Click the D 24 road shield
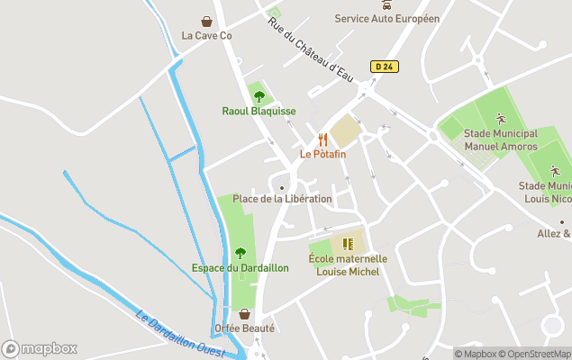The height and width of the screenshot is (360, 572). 384,66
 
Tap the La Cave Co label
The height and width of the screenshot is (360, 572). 206,36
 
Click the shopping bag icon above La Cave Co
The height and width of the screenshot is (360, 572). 206,21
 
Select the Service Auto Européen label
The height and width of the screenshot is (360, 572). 386,18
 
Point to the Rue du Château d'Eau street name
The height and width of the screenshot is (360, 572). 309,49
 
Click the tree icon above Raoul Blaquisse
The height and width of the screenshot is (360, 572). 259,96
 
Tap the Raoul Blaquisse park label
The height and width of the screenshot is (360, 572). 259,112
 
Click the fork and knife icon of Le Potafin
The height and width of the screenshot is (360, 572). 322,139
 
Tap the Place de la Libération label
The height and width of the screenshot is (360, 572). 282,199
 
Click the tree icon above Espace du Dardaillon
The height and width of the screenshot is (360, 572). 240,253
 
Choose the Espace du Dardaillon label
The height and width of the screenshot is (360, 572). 240,268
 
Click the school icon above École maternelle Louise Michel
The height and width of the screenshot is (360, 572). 348,244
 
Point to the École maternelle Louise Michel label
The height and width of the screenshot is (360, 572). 348,265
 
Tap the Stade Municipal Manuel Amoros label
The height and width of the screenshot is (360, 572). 501,140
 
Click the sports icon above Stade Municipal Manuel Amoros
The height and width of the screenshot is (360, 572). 501,119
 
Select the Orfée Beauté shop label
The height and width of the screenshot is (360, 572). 244,328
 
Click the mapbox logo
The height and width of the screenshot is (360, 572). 40,348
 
